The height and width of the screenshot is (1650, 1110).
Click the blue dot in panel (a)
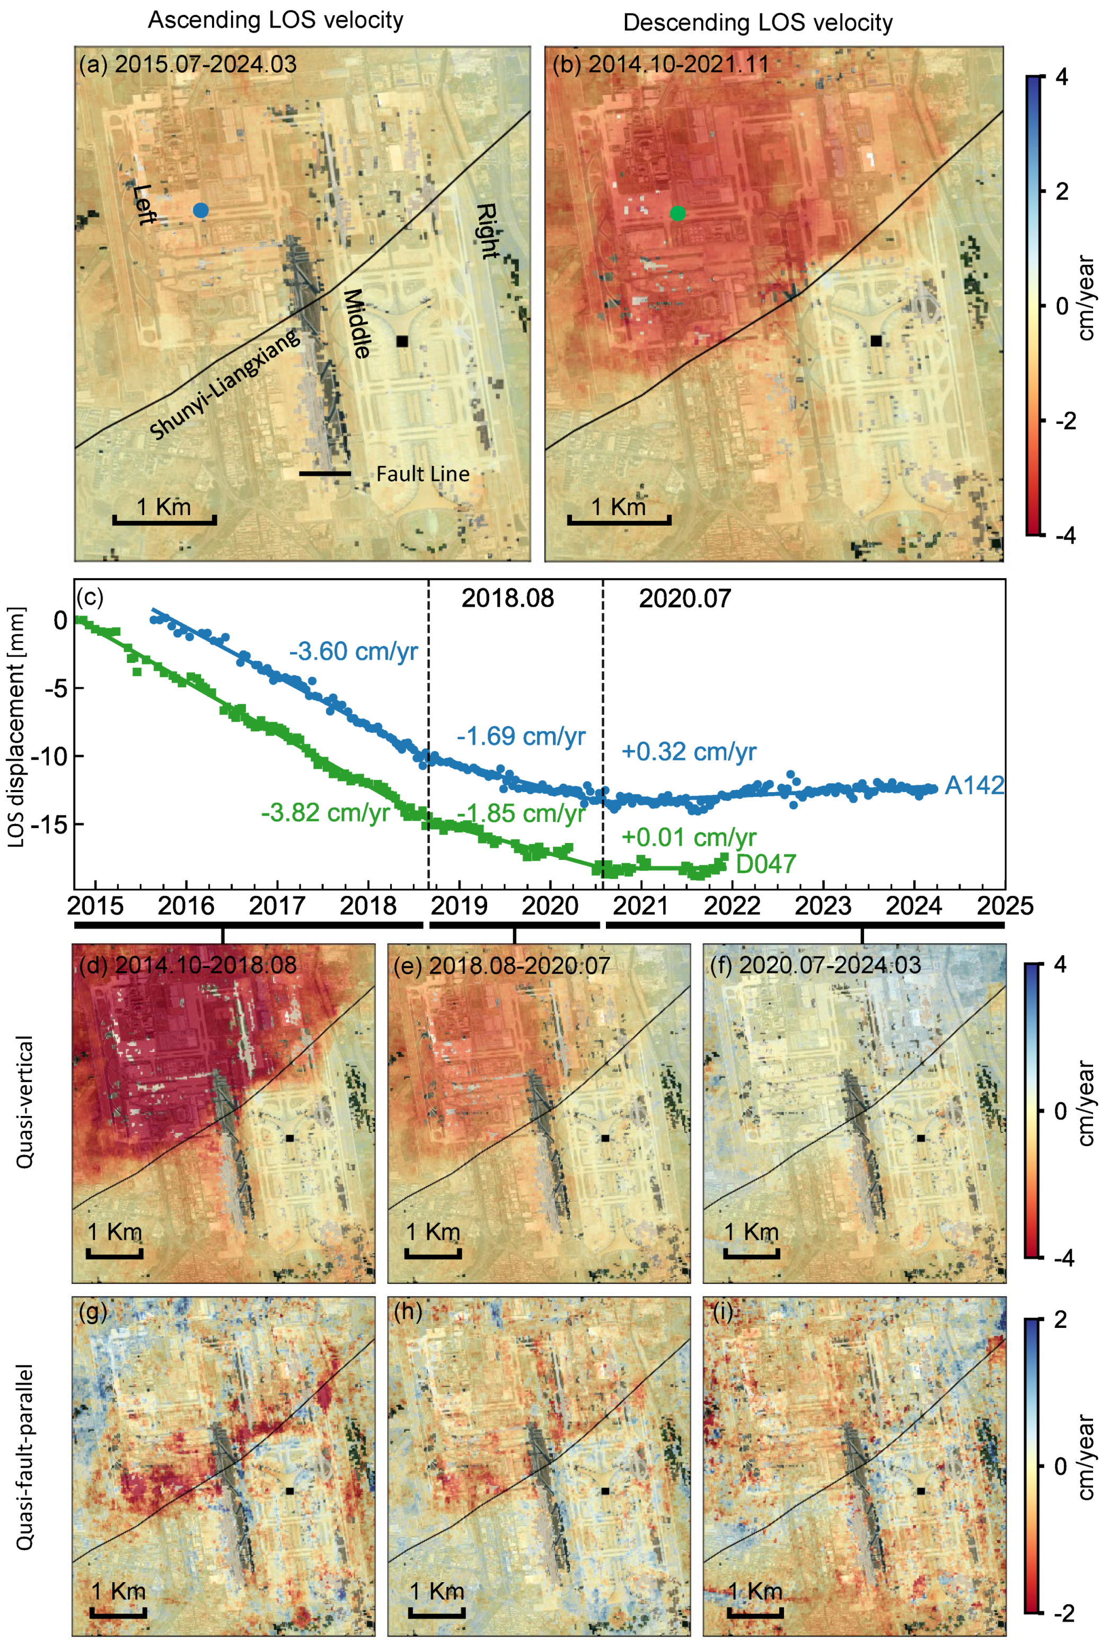[x=200, y=210]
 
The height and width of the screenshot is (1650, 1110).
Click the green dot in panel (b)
[x=677, y=213]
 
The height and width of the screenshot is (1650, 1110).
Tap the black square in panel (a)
[x=402, y=341]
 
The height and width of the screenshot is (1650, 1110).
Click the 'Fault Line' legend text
[x=422, y=474]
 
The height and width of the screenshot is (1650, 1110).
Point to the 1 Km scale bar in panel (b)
[x=619, y=522]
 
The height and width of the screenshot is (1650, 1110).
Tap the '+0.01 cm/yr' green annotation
[x=689, y=838]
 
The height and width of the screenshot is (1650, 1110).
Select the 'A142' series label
[x=974, y=785]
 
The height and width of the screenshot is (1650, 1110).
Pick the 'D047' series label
[x=766, y=864]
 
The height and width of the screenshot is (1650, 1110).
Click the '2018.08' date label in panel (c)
[x=508, y=599]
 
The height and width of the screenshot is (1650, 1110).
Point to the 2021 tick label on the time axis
[x=641, y=906]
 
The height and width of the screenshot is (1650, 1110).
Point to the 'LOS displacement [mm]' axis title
[x=17, y=726]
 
